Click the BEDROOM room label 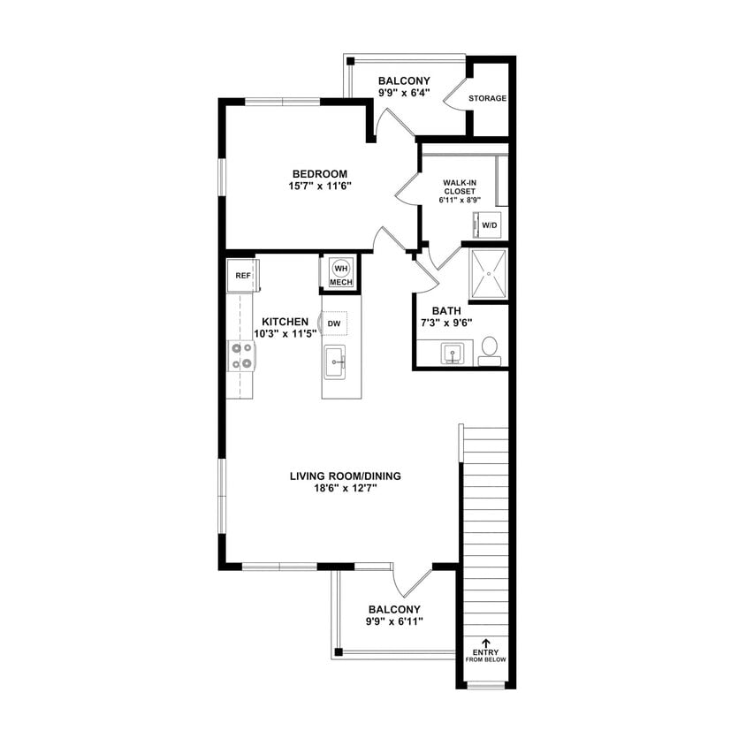319,173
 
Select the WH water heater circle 341,268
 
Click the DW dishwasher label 334,324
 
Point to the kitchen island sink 335,360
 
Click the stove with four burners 242,355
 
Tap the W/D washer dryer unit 490,225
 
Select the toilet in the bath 489,349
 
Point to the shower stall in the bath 488,275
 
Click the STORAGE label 488,98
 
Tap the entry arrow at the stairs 485,643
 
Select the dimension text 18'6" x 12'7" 345,489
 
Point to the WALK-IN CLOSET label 460,191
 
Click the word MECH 341,283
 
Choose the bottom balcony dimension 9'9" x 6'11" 394,622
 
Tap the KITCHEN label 285,322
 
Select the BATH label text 445,311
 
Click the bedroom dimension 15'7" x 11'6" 319,186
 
